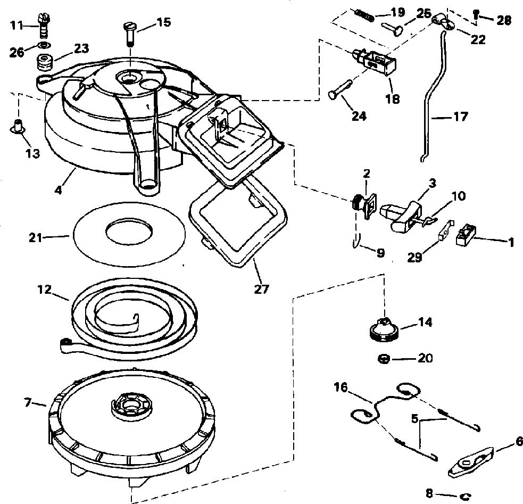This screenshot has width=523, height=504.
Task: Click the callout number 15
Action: point(164,22)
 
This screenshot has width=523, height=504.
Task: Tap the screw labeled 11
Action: point(42,26)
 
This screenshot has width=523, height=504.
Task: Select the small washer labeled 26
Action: point(45,45)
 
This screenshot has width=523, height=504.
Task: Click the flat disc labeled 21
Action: point(129,234)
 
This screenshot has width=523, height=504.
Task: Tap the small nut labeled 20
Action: point(384,359)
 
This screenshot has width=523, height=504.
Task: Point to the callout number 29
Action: point(415,257)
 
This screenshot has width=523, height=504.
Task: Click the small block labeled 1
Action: point(466,235)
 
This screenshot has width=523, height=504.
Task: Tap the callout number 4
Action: point(58,190)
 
